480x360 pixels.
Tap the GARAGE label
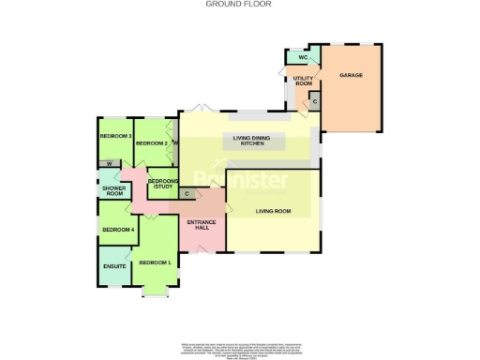tap(351, 75)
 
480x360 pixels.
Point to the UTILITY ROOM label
tap(303, 82)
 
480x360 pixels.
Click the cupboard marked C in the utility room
tap(314, 101)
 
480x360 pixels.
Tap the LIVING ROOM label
tap(273, 211)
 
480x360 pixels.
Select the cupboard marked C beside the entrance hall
tap(187, 195)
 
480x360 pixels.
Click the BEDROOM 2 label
tap(151, 143)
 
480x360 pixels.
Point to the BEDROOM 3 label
tap(115, 136)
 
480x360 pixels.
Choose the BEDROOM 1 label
tap(156, 262)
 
